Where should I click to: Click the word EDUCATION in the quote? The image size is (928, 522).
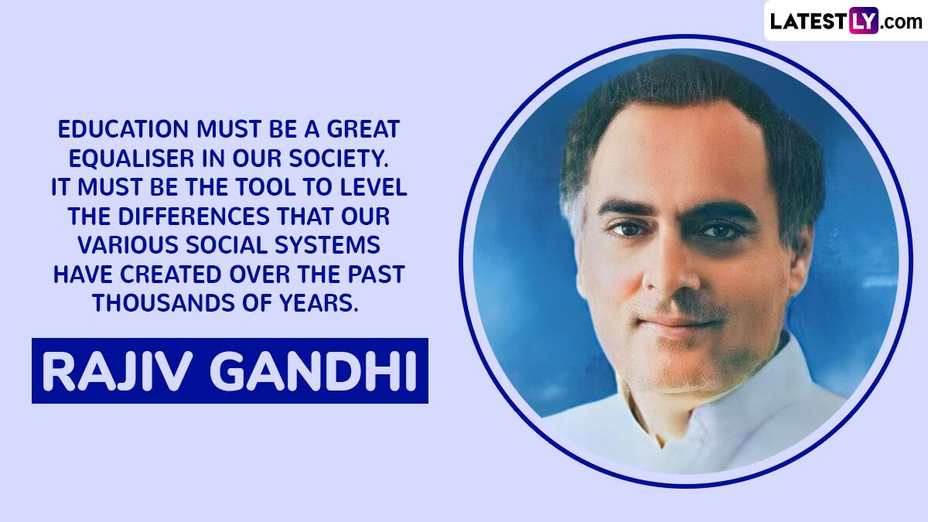tap(123, 129)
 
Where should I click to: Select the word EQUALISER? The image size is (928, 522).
tap(131, 159)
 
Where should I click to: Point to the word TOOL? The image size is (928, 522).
tap(263, 187)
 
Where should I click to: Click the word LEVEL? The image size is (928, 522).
tap(374, 187)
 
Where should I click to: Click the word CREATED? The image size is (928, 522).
tap(171, 275)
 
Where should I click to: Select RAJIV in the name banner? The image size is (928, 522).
tap(118, 371)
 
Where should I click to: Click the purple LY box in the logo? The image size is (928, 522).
tap(863, 21)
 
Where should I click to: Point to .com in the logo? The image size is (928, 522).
tap(901, 22)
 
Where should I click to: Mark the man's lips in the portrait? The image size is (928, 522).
tap(680, 326)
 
